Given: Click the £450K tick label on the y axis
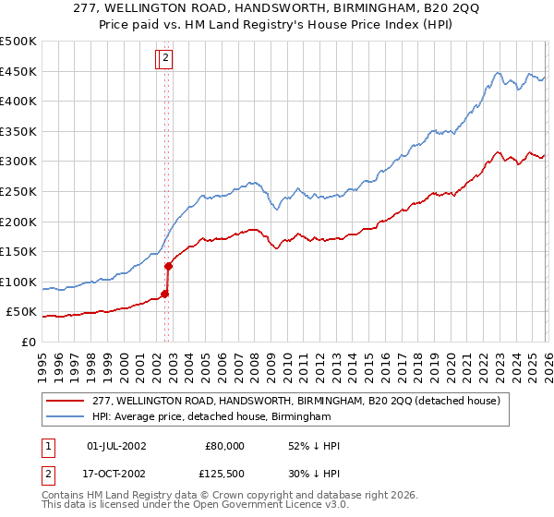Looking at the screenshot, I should coord(18,71).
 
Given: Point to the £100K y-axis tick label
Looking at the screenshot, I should coord(18,282).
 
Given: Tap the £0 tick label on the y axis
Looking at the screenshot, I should coord(28,342).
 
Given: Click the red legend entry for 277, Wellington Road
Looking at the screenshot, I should coord(295,401).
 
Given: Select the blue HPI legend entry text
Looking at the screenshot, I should coord(211,417).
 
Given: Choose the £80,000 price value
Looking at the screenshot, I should coord(224,446).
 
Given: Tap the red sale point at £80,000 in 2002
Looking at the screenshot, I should coord(164,295).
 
